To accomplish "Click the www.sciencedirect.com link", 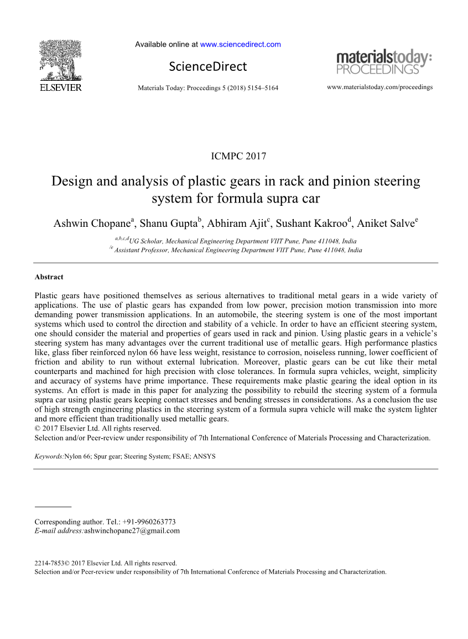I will click(x=240, y=44).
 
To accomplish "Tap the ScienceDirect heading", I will click(x=208, y=67).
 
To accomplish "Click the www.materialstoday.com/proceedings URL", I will click(x=379, y=87).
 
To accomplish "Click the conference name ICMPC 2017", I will click(x=238, y=156).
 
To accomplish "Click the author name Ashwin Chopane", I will click(x=92, y=224).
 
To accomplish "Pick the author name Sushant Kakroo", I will click(x=311, y=224).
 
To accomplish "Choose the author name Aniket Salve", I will click(x=386, y=224).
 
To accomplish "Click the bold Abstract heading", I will click(x=49, y=277).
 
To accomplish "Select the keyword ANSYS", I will click(x=204, y=457).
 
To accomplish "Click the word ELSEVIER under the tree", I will click(x=60, y=88).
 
